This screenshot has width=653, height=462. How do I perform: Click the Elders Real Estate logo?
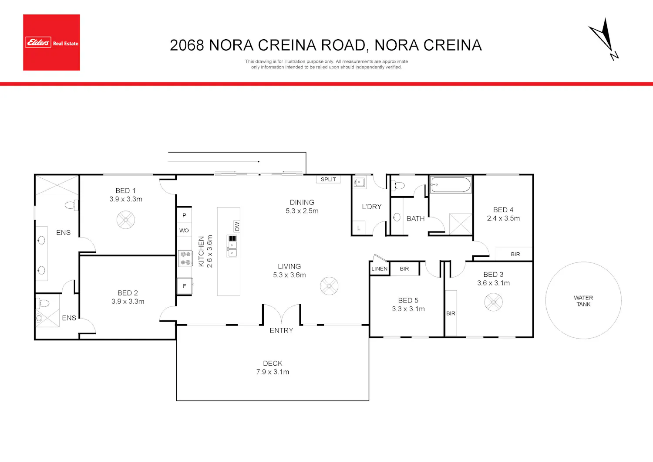52,42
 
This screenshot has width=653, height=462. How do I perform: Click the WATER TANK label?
583,301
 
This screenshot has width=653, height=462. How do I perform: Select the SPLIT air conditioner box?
328,180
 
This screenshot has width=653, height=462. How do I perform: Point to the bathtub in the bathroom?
451,185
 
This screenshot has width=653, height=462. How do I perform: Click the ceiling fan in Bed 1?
126,220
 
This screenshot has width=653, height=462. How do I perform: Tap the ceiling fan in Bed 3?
493,302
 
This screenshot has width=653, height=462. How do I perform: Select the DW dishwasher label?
237,226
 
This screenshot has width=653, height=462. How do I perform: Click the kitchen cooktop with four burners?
185,258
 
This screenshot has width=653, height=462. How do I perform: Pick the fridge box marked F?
185,286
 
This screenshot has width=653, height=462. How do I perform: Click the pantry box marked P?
184,215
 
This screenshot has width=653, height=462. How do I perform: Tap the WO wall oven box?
184,230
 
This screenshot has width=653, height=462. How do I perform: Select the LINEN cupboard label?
379,269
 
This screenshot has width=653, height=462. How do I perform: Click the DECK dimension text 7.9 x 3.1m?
273,372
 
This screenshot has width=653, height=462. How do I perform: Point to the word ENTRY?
281,330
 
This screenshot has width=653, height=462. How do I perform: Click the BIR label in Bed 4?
515,255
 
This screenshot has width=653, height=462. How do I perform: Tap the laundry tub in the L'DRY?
359,183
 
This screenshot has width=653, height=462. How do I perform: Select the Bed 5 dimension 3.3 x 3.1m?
408,309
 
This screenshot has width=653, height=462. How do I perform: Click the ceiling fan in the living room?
329,286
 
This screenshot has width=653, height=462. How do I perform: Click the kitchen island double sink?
232,246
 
